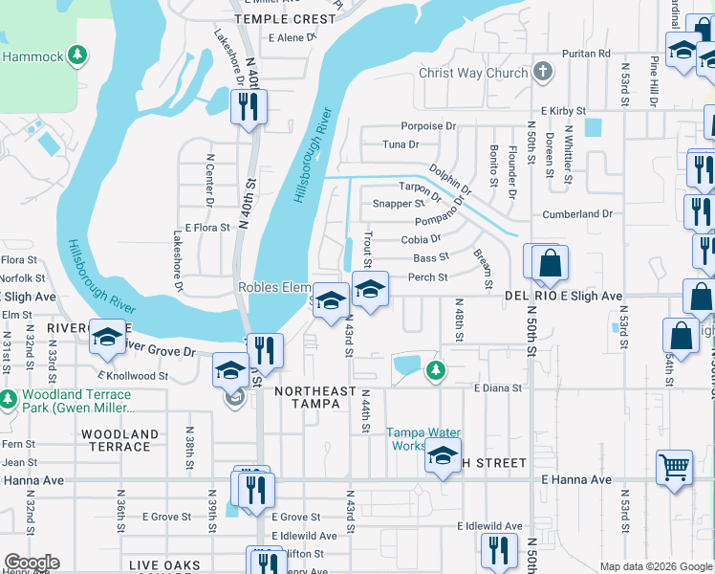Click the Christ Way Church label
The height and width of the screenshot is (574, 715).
tap(472, 73)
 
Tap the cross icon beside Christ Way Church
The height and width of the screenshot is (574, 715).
tap(543, 73)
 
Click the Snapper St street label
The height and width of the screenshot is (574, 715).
tap(398, 204)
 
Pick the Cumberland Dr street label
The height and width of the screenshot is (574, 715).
tap(576, 215)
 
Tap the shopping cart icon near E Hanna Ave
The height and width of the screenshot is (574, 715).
tap(674, 468)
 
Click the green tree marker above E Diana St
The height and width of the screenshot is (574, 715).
tap(435, 369)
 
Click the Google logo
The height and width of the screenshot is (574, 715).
tap(31, 563)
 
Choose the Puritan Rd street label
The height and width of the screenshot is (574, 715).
tap(585, 54)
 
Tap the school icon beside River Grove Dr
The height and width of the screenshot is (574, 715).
tap(108, 336)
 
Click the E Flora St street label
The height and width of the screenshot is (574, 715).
tap(208, 228)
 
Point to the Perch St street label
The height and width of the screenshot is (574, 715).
tap(428, 277)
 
